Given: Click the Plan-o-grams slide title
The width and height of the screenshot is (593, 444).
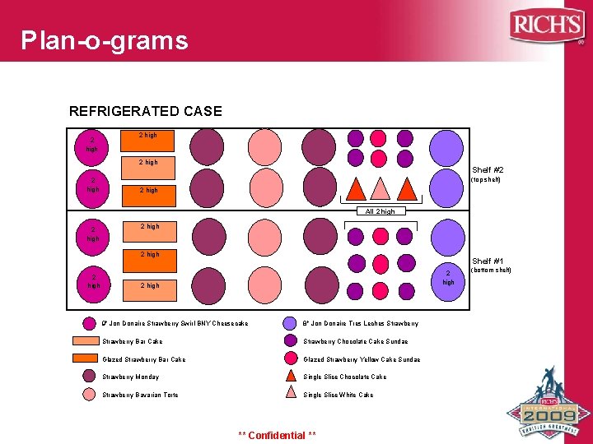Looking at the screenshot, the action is tap(105, 40).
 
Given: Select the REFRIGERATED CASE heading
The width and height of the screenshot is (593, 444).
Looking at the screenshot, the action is tap(146, 111).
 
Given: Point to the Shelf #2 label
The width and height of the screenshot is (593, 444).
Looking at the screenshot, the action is tap(488, 170).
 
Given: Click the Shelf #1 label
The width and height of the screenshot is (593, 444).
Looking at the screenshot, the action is tap(488, 261).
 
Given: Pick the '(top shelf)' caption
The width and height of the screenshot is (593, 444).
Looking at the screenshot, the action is tap(485, 180).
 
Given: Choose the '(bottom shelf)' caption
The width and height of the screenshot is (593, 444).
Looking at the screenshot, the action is tap(490, 271).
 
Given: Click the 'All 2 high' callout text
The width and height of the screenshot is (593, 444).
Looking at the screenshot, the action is tap(381, 211).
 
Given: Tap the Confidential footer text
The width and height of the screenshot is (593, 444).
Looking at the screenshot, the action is tap(277, 435).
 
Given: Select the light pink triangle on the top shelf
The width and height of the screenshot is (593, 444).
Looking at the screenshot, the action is tap(381, 189).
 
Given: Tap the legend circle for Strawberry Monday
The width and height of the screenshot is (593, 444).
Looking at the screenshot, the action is tap(89, 377).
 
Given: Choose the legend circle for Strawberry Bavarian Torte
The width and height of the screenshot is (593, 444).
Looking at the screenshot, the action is tap(89, 395).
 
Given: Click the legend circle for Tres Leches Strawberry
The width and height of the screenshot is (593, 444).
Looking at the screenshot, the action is tap(290, 323).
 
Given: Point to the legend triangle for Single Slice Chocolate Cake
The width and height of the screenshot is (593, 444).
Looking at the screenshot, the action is tap(290, 376).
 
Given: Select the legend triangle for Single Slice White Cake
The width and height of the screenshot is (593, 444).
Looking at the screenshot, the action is tap(290, 394).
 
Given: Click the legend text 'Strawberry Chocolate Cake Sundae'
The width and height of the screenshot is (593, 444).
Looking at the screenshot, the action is tap(355, 341).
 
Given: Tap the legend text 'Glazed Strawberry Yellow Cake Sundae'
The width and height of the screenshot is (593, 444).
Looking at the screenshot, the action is tap(362, 359).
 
